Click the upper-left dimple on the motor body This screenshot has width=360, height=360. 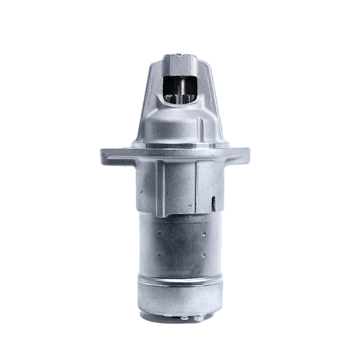(160, 232)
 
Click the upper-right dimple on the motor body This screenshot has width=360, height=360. (203, 232)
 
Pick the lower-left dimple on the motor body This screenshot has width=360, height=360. (160, 255)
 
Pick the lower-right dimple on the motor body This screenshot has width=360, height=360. (203, 255)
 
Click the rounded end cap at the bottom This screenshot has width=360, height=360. (180, 300)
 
